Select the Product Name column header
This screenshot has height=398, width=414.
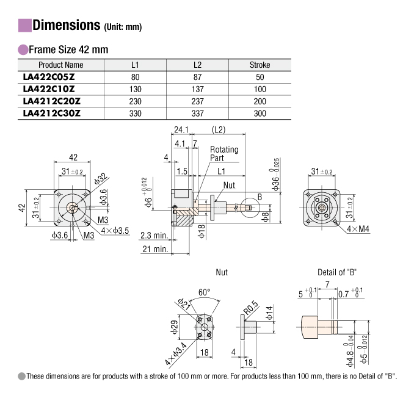pos(61,65)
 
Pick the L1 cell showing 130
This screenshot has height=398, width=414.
pos(136,89)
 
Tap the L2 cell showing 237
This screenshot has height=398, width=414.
pos(197,101)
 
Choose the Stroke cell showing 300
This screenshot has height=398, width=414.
pos(260,114)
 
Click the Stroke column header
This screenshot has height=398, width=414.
pos(260,65)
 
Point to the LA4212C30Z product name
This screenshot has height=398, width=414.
pos(51,114)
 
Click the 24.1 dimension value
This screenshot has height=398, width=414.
pos(181,130)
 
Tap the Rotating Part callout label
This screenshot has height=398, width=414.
pos(224,153)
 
